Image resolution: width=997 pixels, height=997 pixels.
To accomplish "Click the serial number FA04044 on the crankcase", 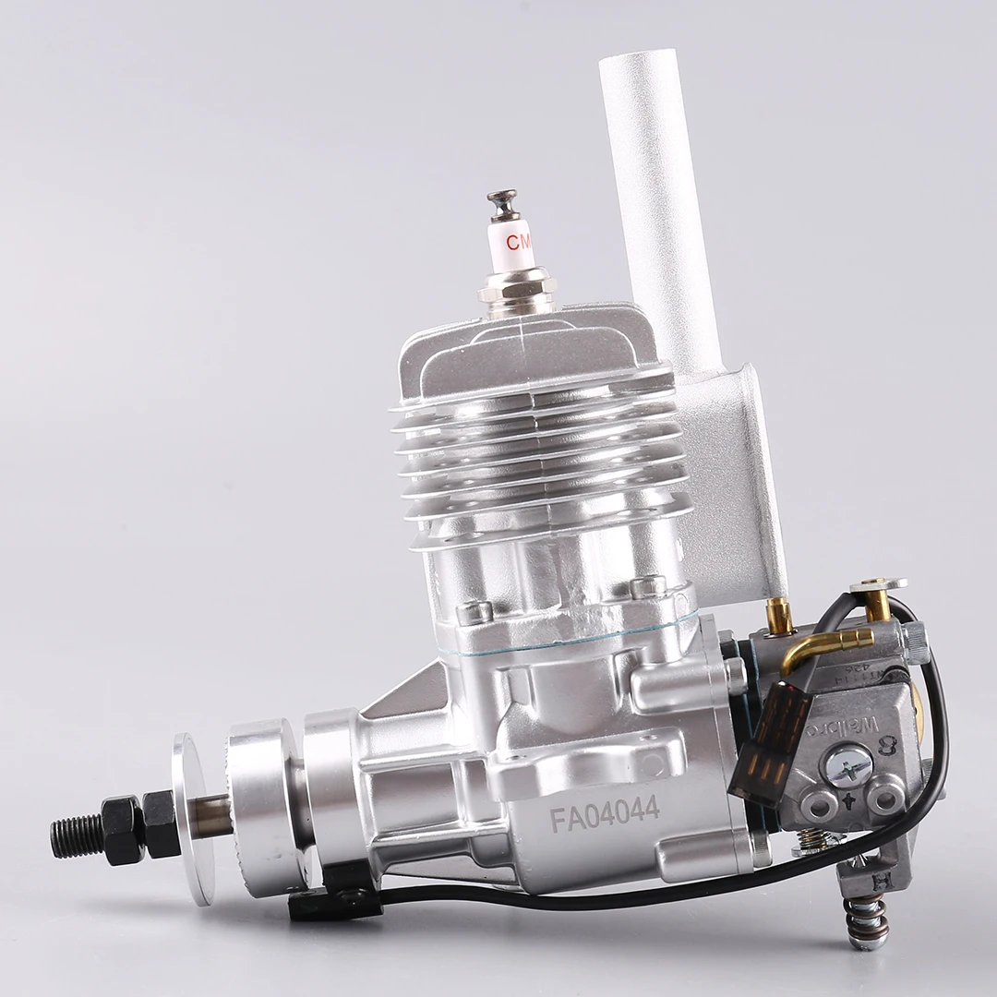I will tap(605, 813).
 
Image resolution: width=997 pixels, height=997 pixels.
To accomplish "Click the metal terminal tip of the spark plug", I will tap(503, 199).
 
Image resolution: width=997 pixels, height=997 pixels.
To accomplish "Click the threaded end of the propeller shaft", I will tap(75, 835).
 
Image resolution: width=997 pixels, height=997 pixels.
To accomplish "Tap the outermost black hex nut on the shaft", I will tap(122, 829).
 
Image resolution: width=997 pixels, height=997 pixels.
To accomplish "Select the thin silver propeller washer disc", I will tap(192, 817).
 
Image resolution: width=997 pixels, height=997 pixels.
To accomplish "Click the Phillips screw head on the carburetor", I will tap(847, 765).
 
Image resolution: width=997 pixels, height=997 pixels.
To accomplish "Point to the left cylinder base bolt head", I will tap(474, 612).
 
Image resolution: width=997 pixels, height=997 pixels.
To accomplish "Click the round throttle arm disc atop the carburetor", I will tap(878, 584).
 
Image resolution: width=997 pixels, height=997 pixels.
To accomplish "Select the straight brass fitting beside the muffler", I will tap(780, 614).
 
